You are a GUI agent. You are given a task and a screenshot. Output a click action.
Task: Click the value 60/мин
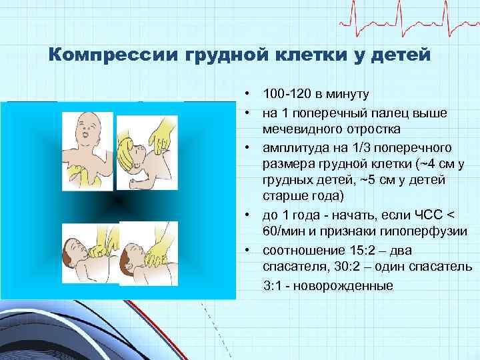click(284, 231)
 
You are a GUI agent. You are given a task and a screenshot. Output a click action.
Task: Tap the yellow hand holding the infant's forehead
click(160, 136)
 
